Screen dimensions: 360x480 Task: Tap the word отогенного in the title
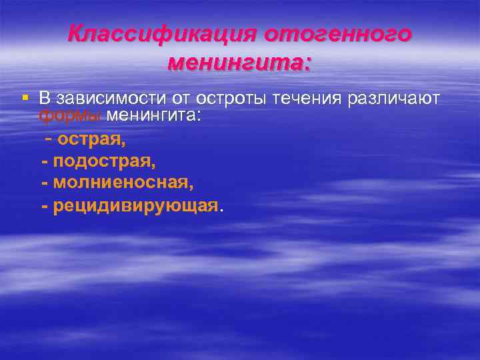pyautogui.click(x=338, y=34)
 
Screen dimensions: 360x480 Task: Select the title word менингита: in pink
pyautogui.click(x=240, y=63)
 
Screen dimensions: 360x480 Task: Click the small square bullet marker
pyautogui.click(x=25, y=98)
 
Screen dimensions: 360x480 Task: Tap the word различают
pyautogui.click(x=393, y=99)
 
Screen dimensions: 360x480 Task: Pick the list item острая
pyautogui.click(x=91, y=139)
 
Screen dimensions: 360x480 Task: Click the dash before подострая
pyautogui.click(x=45, y=161)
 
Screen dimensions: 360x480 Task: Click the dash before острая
pyautogui.click(x=49, y=139)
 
